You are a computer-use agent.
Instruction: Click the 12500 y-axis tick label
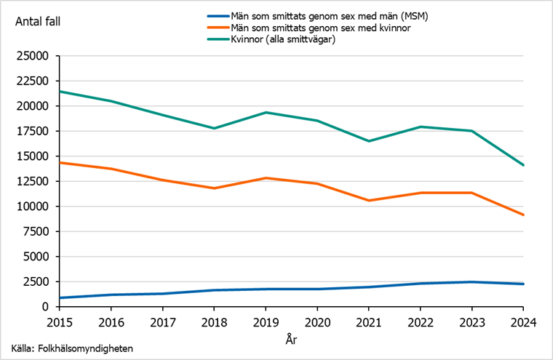32,181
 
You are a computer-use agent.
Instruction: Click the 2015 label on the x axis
60,321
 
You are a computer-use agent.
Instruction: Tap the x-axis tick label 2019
266,321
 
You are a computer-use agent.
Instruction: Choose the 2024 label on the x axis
524,321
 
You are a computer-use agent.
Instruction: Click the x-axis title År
291,338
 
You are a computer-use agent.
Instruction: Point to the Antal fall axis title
38,21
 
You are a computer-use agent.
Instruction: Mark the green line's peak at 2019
266,113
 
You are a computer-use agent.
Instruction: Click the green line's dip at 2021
370,141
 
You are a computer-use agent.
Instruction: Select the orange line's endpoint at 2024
524,215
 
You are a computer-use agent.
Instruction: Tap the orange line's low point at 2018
215,188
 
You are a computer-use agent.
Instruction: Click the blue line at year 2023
472,282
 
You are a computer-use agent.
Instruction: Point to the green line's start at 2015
60,92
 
